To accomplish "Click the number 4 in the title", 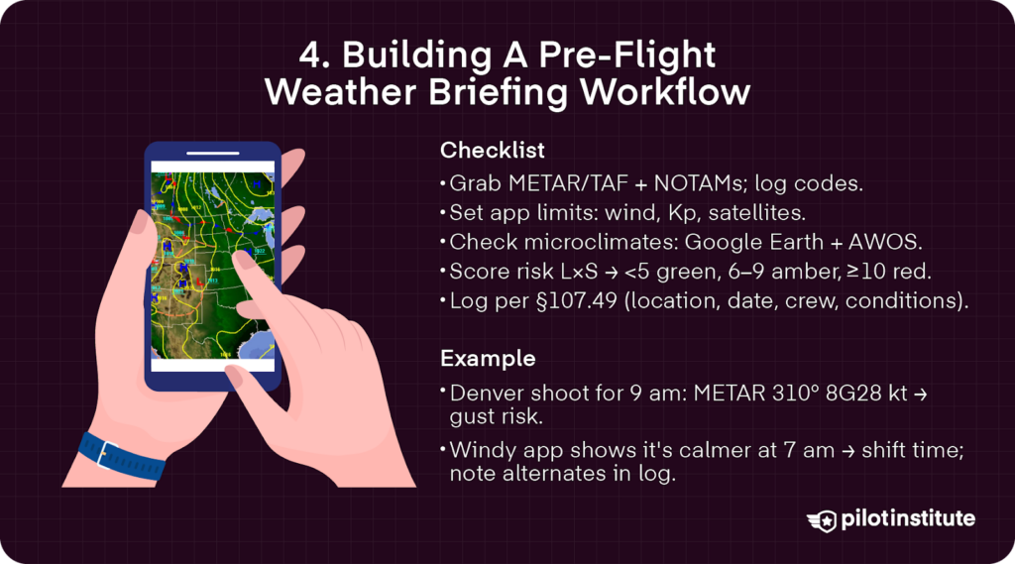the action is tap(311, 56).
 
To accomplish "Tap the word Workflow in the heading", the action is tap(665, 92).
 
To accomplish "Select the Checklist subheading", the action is tap(492, 151).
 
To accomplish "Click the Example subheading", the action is tap(488, 358).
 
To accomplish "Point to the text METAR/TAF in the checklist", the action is tap(568, 184).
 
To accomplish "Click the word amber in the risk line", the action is tap(806, 272).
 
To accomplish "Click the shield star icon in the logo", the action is tap(824, 520).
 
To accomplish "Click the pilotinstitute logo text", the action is tap(908, 518).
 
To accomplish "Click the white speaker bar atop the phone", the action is tap(213, 154).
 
